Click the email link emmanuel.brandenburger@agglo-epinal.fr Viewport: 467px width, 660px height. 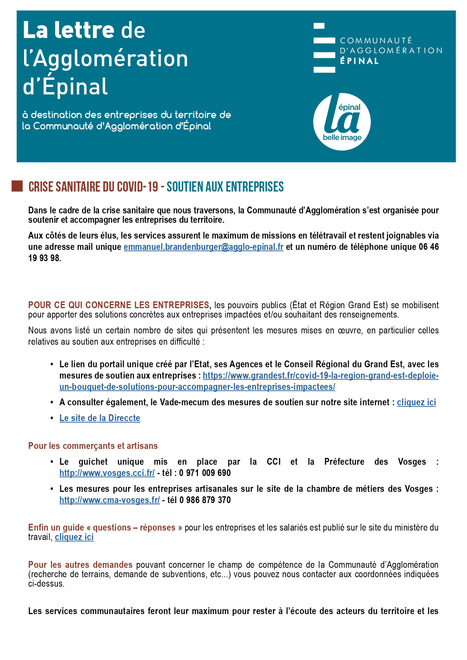pyautogui.click(x=203, y=247)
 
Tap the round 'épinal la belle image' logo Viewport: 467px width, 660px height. pyautogui.click(x=342, y=122)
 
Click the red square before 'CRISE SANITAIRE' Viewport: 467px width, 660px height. pyautogui.click(x=17, y=186)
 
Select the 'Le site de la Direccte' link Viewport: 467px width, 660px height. pyautogui.click(x=100, y=418)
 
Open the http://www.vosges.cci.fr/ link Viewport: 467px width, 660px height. pyautogui.click(x=107, y=473)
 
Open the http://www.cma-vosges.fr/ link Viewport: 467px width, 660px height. pyautogui.click(x=110, y=500)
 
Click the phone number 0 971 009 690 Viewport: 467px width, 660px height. pyautogui.click(x=205, y=473)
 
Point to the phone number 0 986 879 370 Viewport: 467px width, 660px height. pyautogui.click(x=205, y=500)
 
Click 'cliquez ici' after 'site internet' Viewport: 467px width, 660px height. pyautogui.click(x=416, y=402)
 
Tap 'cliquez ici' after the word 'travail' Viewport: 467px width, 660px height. pyautogui.click(x=74, y=537)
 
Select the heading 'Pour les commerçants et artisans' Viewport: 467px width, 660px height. pyautogui.click(x=93, y=446)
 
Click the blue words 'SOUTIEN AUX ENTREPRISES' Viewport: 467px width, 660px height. pyautogui.click(x=225, y=187)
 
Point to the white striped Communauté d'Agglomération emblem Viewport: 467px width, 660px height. pyautogui.click(x=324, y=48)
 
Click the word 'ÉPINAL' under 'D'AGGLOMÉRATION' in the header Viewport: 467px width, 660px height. pyautogui.click(x=359, y=61)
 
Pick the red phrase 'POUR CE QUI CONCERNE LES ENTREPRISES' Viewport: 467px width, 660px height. pyautogui.click(x=119, y=305)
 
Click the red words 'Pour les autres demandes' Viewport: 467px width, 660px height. pyautogui.click(x=80, y=565)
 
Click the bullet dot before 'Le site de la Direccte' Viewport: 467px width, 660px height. pyautogui.click(x=52, y=418)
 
